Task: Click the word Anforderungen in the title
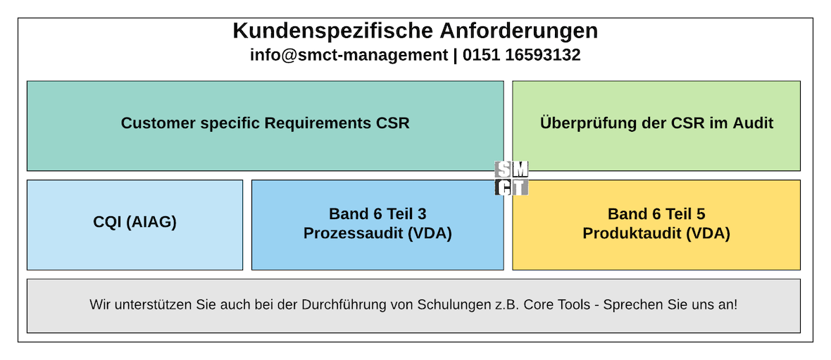[519, 31]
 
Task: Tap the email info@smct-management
[349, 55]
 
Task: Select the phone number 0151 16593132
[522, 55]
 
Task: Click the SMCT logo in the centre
[512, 178]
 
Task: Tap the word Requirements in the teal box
[318, 123]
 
